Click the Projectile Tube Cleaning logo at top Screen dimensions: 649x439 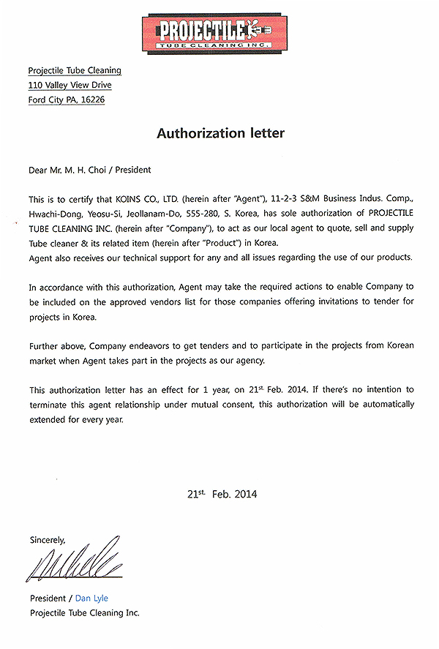click(x=219, y=33)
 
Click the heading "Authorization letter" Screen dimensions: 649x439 click(x=220, y=134)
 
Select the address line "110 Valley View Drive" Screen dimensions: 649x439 click(x=70, y=85)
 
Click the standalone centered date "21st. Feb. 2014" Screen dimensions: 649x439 click(x=222, y=494)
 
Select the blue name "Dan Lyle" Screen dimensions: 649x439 click(x=91, y=599)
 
